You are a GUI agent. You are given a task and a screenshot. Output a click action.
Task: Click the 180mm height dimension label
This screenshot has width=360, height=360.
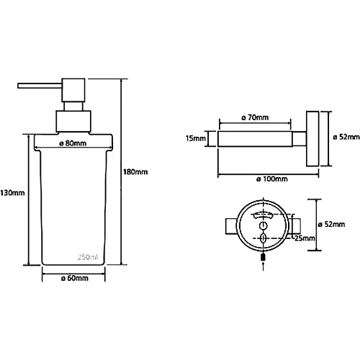[135, 172]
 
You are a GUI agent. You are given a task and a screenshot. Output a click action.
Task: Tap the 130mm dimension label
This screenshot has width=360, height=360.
[12, 193]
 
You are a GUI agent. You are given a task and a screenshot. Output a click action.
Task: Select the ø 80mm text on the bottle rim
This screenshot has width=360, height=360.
[73, 143]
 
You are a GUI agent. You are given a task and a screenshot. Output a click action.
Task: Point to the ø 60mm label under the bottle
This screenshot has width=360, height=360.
[75, 278]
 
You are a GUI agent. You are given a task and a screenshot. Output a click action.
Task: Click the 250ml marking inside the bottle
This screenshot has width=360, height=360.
[88, 257]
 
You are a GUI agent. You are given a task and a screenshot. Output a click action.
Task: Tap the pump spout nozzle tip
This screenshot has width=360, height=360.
[19, 86]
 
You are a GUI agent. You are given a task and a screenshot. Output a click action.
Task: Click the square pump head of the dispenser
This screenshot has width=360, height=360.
[73, 90]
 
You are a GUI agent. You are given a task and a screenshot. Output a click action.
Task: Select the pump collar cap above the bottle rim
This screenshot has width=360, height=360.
[73, 121]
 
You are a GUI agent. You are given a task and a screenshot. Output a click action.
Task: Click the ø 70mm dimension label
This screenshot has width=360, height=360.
[255, 117]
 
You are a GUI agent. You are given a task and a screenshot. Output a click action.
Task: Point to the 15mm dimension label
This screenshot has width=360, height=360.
[196, 138]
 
